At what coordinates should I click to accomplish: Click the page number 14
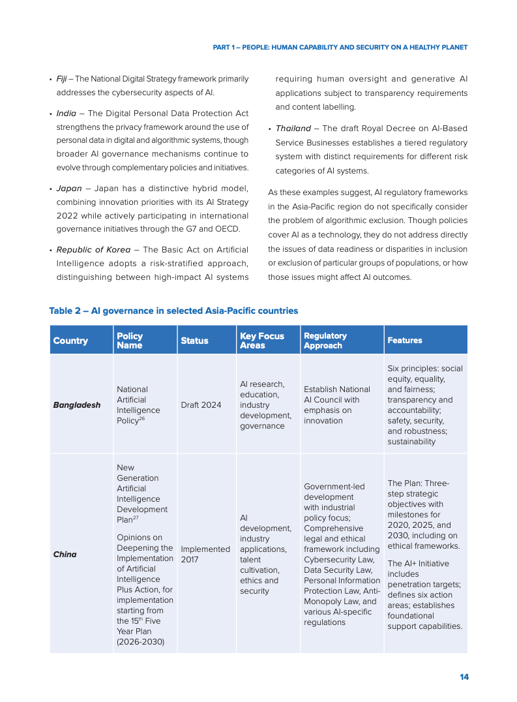pos(464,677)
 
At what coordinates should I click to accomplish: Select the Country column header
pos(70,341)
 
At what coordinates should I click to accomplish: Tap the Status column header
pos(194,341)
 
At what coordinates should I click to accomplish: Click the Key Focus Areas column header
pos(262,341)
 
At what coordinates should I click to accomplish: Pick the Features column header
pos(405,341)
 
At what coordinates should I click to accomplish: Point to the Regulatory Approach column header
pos(325,341)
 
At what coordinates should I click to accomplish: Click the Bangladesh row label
pos(77,405)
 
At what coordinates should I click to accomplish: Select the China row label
pos(65,555)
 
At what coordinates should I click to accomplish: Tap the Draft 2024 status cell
pos(201,405)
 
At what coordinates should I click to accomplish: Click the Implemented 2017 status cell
pos(205,555)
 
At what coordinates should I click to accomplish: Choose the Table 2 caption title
pos(173,311)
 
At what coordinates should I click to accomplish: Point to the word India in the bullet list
pos(66,114)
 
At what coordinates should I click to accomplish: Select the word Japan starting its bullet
pos(69,189)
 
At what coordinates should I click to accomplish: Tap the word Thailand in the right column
pos(293,129)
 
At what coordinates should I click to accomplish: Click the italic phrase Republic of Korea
pos(93,250)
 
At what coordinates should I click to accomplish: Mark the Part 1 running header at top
pos(340,48)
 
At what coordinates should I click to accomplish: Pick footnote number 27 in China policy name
pos(136,518)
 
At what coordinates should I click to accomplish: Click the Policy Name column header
pos(130,341)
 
